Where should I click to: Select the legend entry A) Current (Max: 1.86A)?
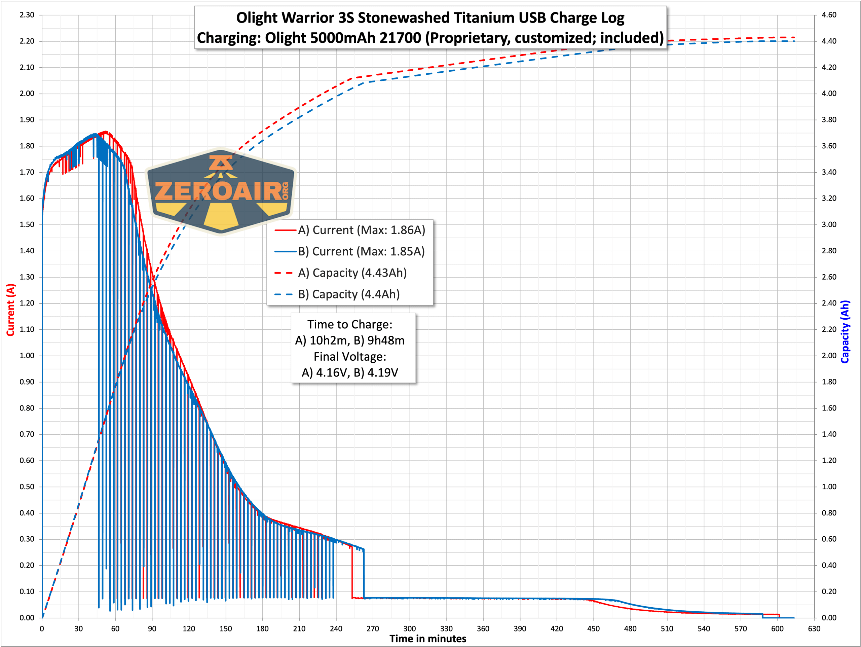pos(361,230)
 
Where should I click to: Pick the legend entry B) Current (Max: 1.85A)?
pos(361,251)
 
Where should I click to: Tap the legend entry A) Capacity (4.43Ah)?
pos(352,273)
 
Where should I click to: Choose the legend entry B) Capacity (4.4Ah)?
pos(349,294)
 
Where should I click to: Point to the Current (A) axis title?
pos(10,310)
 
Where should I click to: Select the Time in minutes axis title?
pos(427,639)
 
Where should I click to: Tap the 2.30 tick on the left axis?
pos(27,15)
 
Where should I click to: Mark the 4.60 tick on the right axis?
pos(829,15)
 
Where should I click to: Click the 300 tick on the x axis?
pos(410,629)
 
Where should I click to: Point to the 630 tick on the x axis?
pos(814,629)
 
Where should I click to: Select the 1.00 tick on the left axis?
pos(27,355)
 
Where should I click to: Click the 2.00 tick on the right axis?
pos(829,355)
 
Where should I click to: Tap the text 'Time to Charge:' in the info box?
pos(350,324)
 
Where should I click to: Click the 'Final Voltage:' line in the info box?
pos(350,357)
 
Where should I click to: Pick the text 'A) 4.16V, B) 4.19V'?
pos(350,373)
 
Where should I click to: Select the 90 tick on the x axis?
pos(152,629)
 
